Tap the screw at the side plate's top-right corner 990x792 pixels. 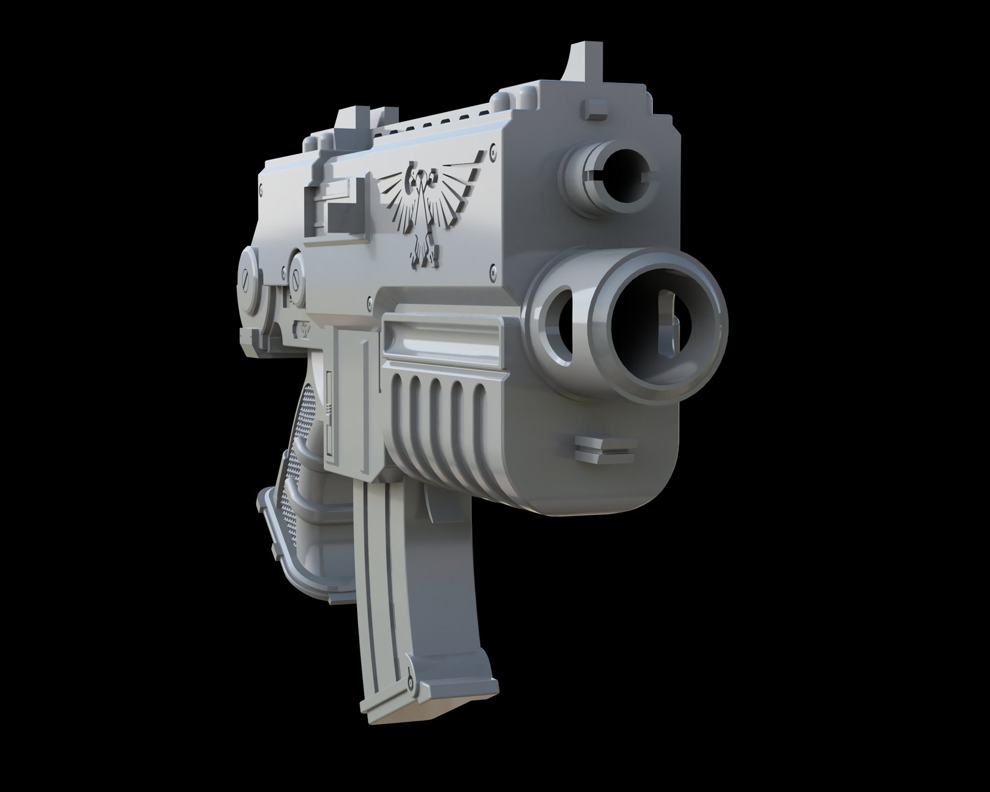coord(493,149)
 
